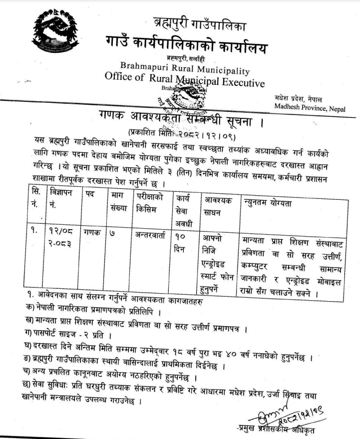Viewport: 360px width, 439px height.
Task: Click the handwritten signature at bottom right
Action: pos(287,414)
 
